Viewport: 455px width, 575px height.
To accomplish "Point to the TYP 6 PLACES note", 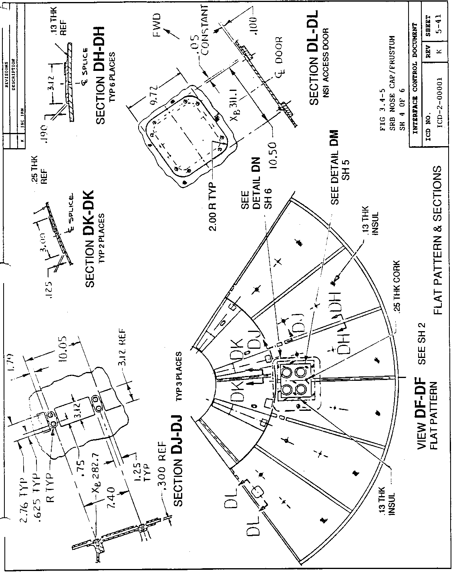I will (112, 76).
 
